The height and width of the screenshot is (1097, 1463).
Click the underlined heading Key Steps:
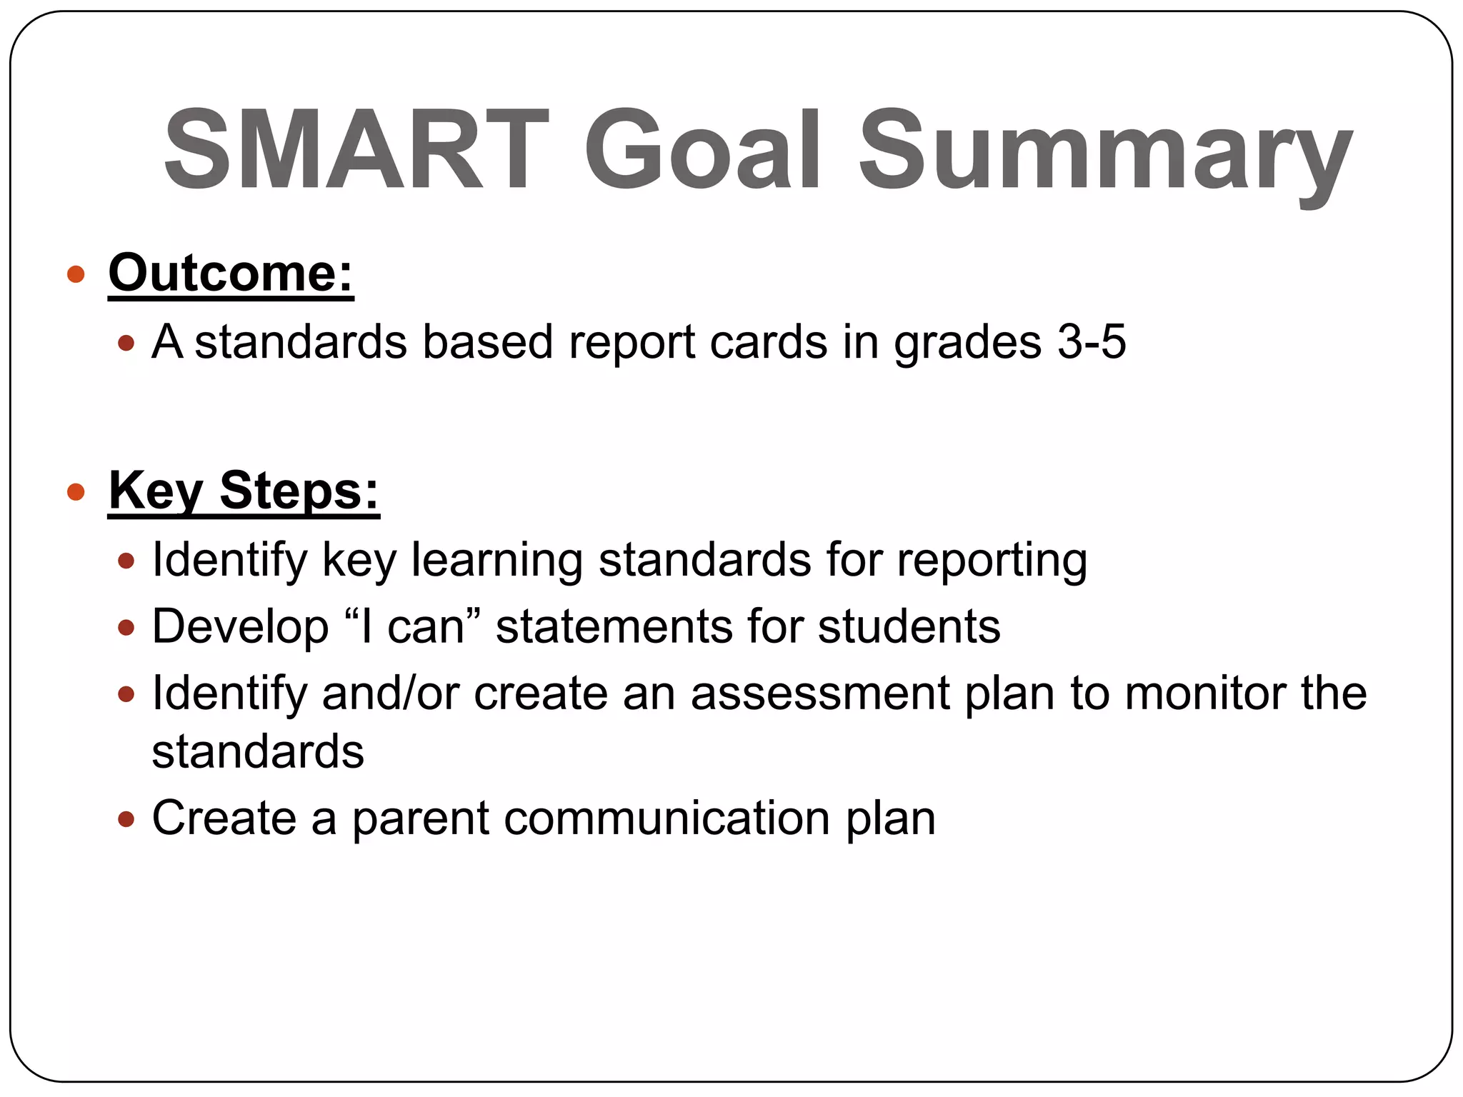[x=243, y=491]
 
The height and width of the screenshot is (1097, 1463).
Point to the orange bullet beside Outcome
[x=76, y=274]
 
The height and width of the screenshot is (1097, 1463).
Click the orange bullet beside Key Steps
[x=76, y=492]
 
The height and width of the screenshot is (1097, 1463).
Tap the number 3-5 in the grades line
[x=1091, y=341]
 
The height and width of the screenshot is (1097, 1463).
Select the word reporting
[x=992, y=561]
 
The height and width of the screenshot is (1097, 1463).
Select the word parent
[x=420, y=819]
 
